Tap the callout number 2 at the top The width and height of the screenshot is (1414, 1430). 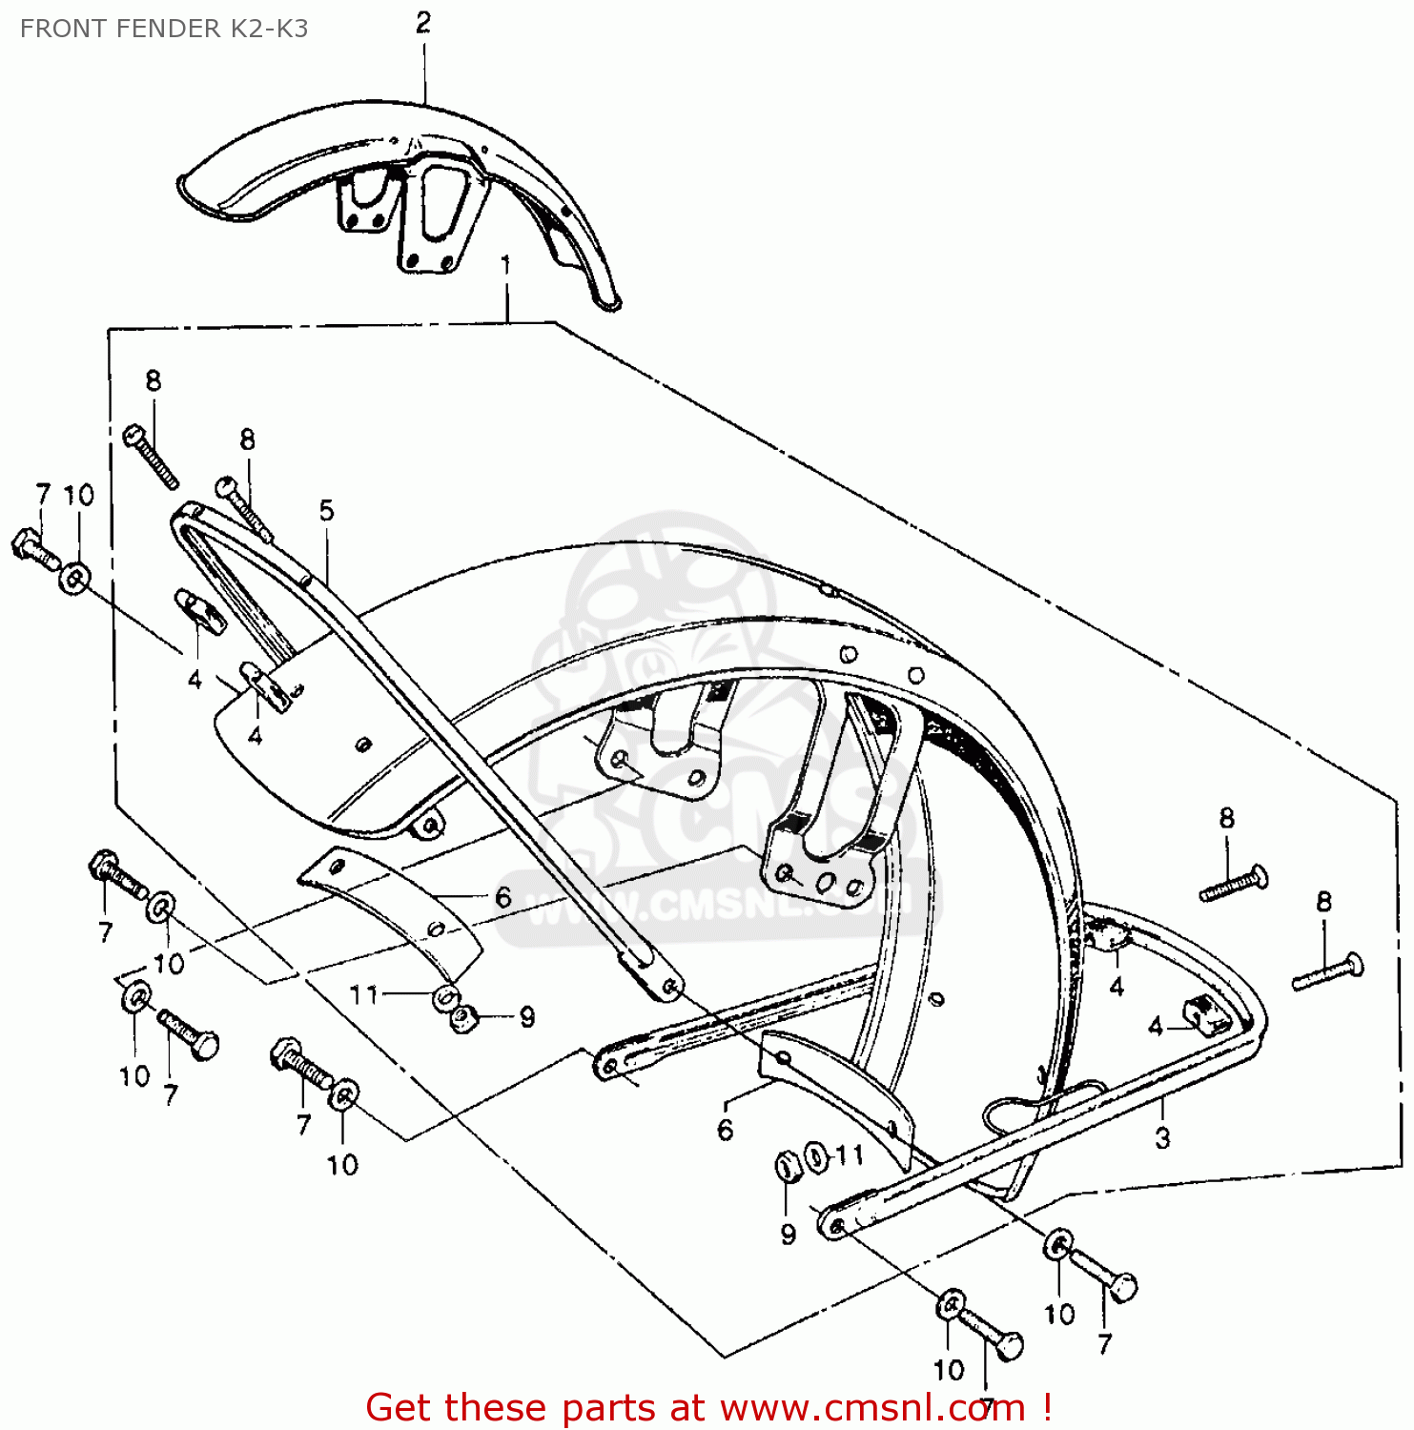[423, 23]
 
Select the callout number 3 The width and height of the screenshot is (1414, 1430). [1162, 1137]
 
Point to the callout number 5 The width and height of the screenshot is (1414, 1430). [327, 511]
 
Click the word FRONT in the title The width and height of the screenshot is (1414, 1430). [59, 29]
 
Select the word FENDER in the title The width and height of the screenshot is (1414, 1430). [166, 29]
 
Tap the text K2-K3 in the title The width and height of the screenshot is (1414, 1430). [270, 29]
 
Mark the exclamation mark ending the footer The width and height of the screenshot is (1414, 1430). [1047, 1407]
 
